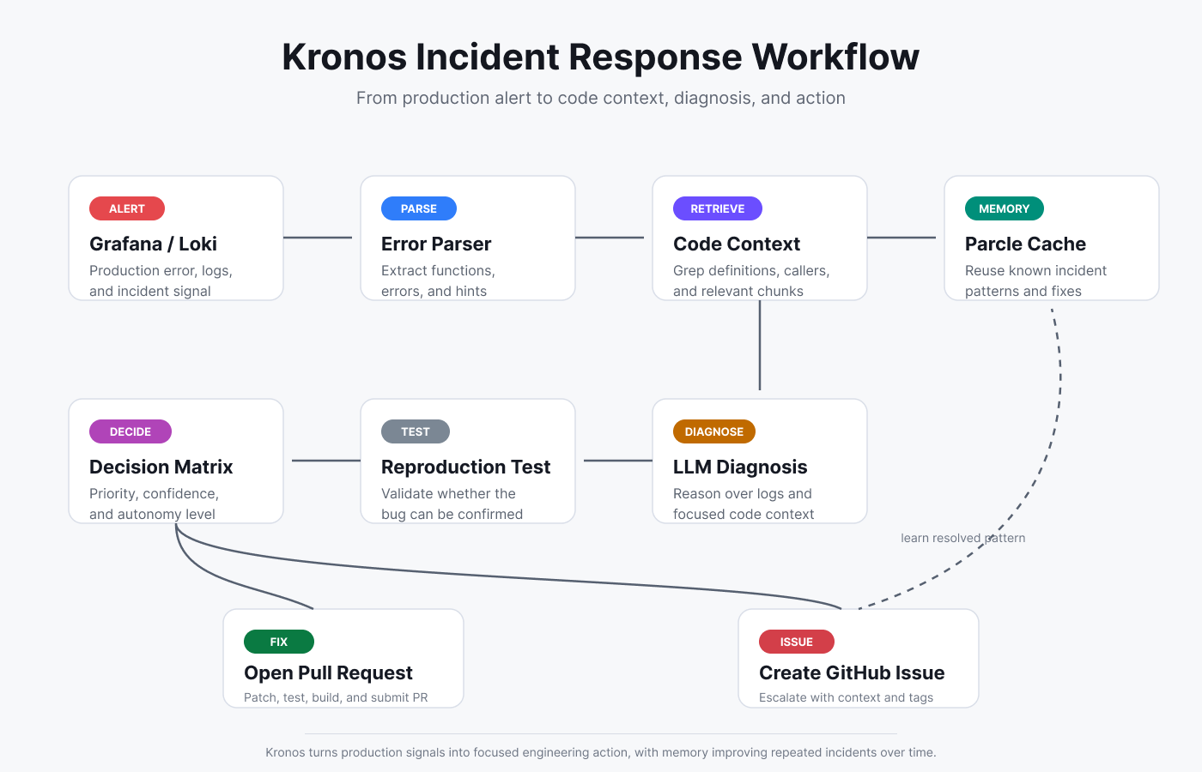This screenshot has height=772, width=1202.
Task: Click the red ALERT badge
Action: point(127,208)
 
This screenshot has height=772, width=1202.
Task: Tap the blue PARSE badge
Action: point(419,208)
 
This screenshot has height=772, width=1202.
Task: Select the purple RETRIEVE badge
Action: point(718,208)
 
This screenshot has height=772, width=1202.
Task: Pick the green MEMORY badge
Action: point(1004,208)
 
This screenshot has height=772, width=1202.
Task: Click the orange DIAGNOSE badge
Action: point(713,431)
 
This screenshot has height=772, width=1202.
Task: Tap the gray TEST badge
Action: point(416,431)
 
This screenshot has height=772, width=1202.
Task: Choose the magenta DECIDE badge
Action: point(131,431)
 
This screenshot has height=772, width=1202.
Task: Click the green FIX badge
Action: point(278,642)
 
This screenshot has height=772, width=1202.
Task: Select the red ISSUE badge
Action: point(797,642)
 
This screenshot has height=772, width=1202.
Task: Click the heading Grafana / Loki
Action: point(153,244)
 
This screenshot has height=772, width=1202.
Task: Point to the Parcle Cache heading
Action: point(1025,244)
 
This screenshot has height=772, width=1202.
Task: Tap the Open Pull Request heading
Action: point(328,672)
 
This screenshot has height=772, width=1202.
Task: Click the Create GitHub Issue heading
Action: point(852,672)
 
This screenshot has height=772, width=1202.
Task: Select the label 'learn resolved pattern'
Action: point(962,538)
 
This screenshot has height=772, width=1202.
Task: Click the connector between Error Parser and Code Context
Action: point(610,238)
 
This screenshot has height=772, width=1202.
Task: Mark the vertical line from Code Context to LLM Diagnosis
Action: point(760,345)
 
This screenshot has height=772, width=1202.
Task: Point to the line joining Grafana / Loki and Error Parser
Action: point(318,238)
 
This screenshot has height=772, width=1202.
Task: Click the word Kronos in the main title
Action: point(344,57)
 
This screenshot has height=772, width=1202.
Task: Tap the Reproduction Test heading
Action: point(465,467)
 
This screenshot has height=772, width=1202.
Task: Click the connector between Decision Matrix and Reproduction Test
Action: point(326,461)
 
